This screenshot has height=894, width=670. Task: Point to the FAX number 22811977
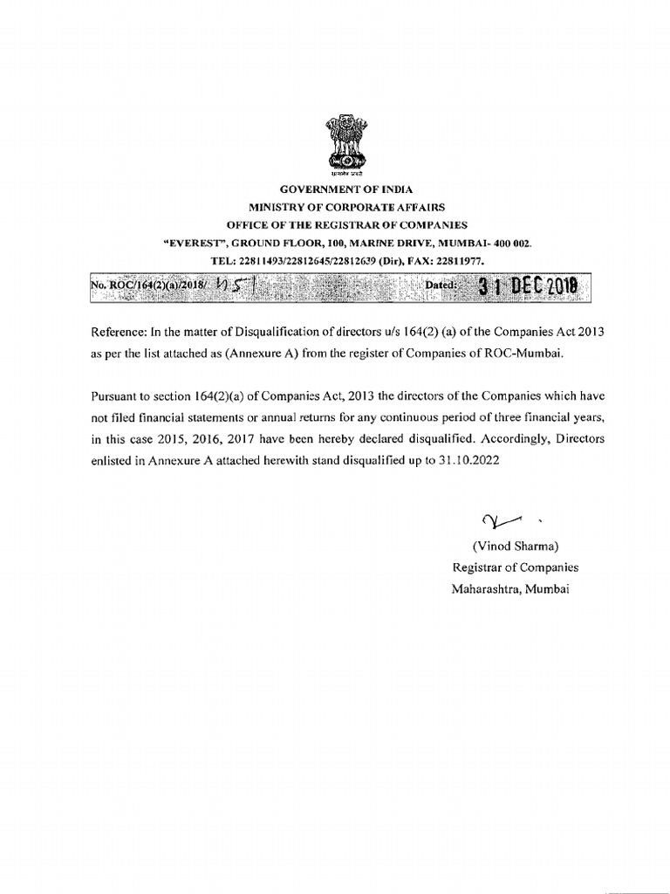(459, 260)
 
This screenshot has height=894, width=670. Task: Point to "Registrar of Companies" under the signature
(514, 567)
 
